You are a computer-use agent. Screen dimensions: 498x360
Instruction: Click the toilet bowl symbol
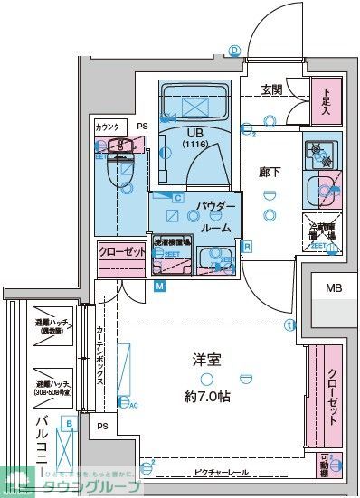pos(118,169)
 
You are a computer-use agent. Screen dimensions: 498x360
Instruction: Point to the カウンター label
pos(110,127)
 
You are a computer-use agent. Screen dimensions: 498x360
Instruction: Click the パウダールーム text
pos(216,217)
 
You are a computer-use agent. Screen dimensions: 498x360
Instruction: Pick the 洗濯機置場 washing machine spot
pos(170,244)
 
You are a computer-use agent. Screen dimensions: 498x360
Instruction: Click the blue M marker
pos(159,287)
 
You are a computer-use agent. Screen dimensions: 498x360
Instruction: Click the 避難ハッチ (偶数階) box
pos(53,328)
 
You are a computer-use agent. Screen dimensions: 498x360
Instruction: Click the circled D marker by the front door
pos(233,51)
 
